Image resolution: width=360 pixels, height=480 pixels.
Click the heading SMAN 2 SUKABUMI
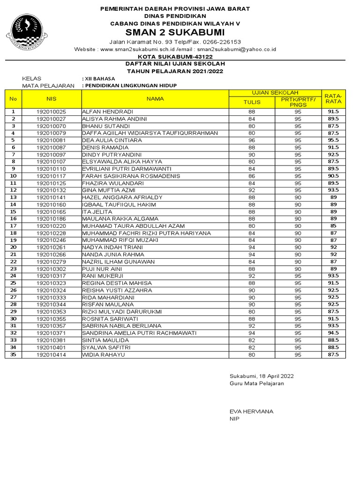pyautogui.click(x=174, y=32)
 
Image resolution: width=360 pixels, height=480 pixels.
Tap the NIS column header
pyautogui.click(x=52, y=99)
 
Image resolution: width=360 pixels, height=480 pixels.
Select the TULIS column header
pyautogui.click(x=251, y=102)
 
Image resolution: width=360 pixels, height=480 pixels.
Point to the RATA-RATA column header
pyautogui.click(x=333, y=98)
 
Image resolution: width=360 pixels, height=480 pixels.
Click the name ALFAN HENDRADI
pyautogui.click(x=108, y=112)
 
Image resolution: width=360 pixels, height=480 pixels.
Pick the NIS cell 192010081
pyautogui.click(x=52, y=140)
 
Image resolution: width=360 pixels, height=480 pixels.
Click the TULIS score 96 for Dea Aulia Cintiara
pyautogui.click(x=251, y=140)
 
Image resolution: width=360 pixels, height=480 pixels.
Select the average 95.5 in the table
pyautogui.click(x=333, y=140)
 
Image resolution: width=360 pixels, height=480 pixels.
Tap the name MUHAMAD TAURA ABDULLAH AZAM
pyautogui.click(x=134, y=225)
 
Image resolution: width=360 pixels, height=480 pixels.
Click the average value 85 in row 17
pyautogui.click(x=333, y=225)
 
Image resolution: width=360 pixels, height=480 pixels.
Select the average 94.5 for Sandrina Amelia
pyautogui.click(x=333, y=333)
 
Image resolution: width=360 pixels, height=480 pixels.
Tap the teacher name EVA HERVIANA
pyautogui.click(x=251, y=411)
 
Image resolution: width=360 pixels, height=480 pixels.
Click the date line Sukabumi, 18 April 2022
pyautogui.click(x=262, y=376)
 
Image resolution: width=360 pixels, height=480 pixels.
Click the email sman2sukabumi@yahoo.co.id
pyautogui.click(x=236, y=49)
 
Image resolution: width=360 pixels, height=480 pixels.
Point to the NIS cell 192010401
pyautogui.click(x=52, y=347)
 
